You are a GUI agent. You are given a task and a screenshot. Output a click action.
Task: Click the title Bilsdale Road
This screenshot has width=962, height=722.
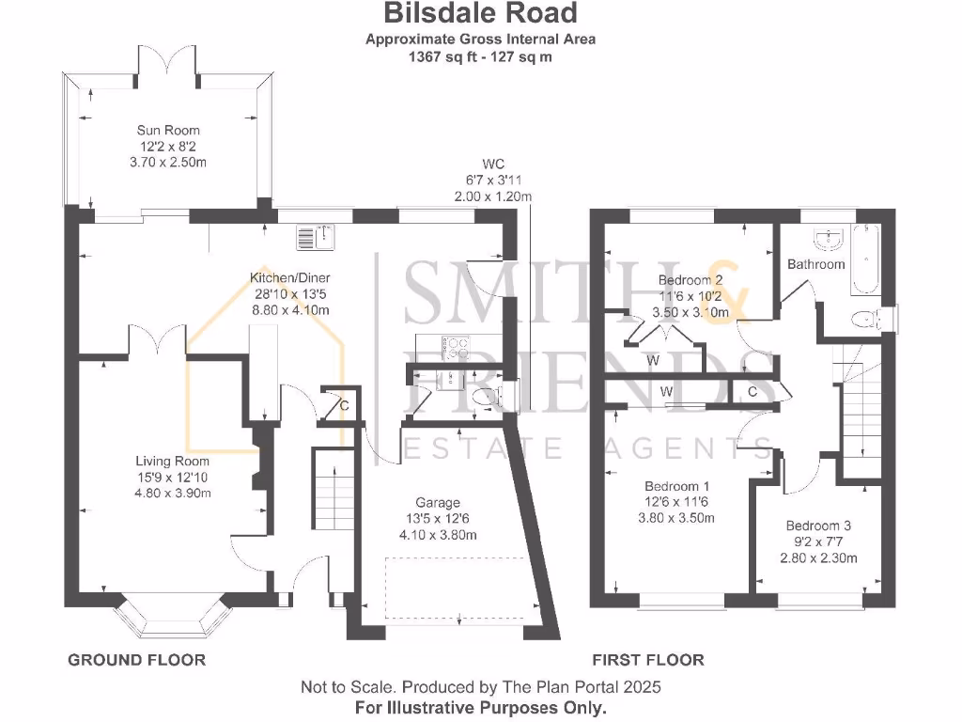tap(480, 14)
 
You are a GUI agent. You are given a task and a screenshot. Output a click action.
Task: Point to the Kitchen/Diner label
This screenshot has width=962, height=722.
tap(289, 278)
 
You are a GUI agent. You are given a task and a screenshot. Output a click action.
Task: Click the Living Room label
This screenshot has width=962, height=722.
tap(172, 462)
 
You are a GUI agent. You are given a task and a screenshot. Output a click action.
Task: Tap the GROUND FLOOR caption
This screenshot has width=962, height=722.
tap(136, 660)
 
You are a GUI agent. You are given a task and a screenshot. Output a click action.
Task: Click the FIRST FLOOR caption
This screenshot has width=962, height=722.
tap(647, 660)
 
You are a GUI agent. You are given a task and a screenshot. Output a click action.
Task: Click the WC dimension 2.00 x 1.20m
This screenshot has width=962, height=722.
tap(493, 196)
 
